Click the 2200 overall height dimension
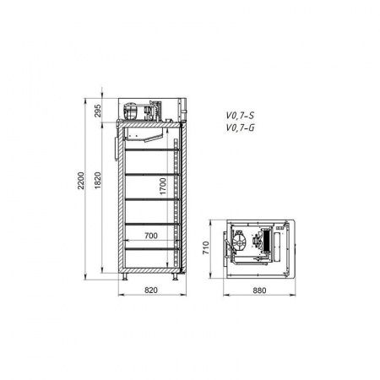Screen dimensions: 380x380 point(81,181)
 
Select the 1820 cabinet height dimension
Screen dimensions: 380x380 point(98,181)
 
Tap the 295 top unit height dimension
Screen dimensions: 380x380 point(98,111)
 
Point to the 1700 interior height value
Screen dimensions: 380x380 point(163,186)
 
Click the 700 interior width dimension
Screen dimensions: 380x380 point(151,236)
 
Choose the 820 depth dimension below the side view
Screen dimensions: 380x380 point(151,290)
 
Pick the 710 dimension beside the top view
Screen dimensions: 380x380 point(206,247)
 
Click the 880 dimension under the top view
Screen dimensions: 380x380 point(259,290)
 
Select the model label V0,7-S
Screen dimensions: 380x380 point(240,116)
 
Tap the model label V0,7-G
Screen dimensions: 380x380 point(240,128)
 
